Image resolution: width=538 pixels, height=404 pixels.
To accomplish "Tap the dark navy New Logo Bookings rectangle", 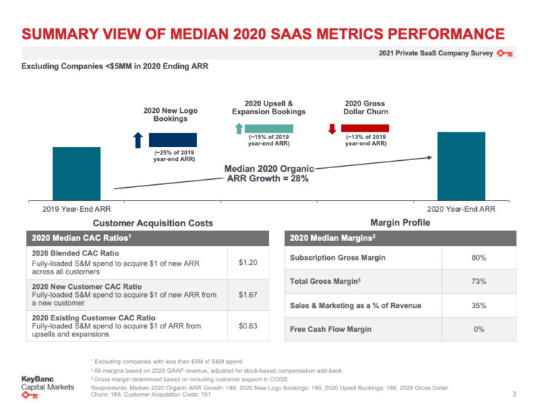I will [172, 140].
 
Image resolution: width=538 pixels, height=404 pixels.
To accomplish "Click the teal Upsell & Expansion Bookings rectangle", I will [268, 128].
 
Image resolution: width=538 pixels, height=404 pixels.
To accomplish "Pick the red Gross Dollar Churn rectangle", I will [364, 128].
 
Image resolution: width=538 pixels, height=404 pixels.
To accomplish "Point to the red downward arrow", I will [332, 129].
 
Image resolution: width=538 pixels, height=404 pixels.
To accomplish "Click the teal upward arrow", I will [237, 129].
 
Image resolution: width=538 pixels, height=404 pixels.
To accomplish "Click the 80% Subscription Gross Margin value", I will [478, 258].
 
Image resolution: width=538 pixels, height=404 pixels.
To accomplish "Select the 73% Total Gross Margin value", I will [478, 281].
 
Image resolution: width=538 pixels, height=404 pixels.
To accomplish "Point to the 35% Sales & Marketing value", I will [478, 305].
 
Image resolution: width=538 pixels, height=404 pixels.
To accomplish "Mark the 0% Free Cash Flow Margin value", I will [478, 329].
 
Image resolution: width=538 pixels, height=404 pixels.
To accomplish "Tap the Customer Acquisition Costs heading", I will [143, 223].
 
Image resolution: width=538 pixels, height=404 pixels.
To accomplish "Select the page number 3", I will [515, 394].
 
